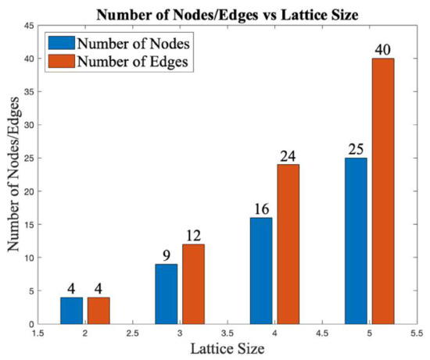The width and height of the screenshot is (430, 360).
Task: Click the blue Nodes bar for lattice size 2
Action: pos(71,310)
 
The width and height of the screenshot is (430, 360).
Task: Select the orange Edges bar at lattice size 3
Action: pos(193,283)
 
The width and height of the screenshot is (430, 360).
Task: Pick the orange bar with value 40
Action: pos(382,191)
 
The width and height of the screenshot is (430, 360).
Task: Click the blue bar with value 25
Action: pos(356,241)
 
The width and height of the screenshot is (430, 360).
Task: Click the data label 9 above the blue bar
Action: pos(167,255)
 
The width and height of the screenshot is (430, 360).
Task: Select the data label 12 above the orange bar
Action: pos(193,236)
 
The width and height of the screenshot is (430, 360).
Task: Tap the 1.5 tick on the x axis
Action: pos(36,334)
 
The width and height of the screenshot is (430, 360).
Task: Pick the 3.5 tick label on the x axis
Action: pos(227,334)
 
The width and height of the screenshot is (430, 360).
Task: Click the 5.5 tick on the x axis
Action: pos(417,334)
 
